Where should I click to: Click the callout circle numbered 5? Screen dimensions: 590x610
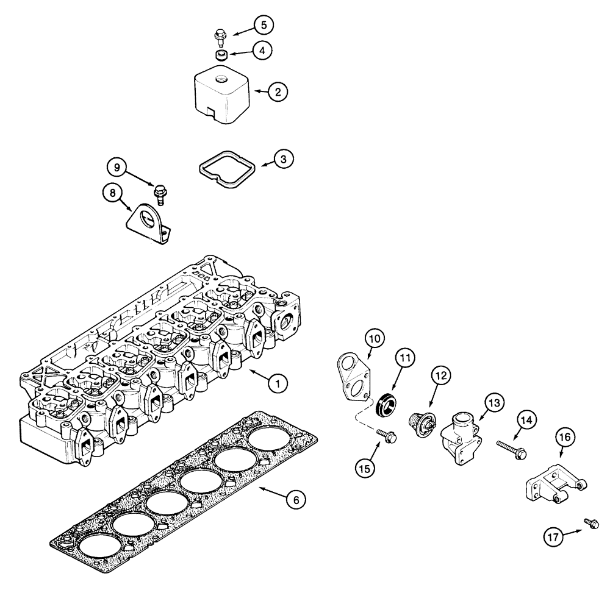coord(263,25)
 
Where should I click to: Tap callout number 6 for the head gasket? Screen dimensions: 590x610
coord(296,499)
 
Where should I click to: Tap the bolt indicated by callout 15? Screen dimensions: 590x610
coord(386,435)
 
